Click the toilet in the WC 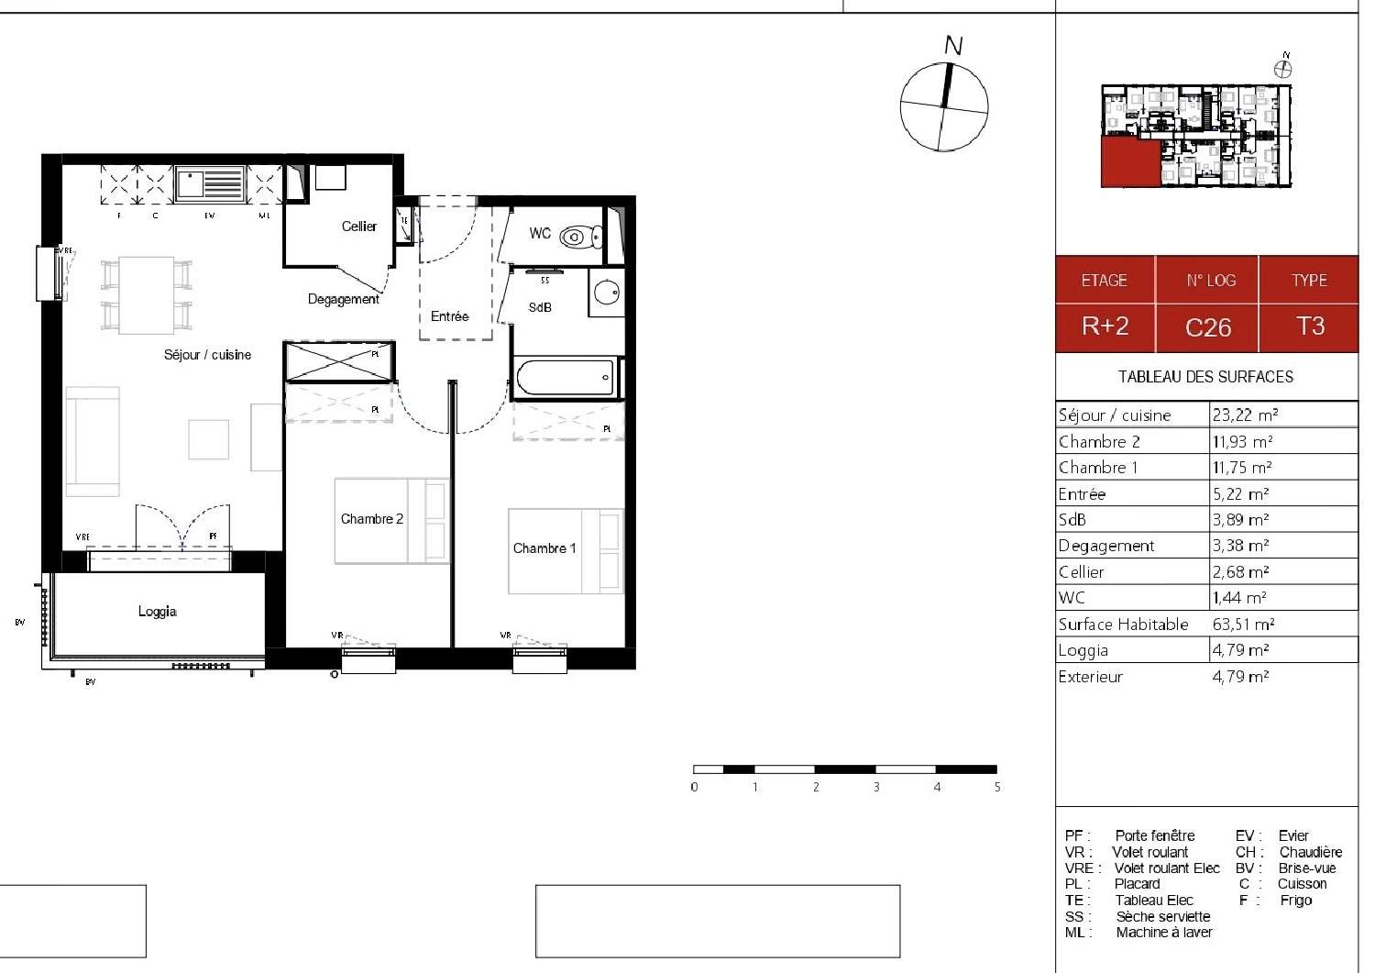pos(576,237)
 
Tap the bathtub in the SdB pos(565,377)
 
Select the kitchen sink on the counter pos(210,183)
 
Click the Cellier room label pos(358,227)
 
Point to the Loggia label pos(158,612)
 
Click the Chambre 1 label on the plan pos(544,548)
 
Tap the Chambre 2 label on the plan pos(371,519)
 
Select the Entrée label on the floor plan pos(449,316)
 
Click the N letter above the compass pos(953,45)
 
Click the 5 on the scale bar pos(996,788)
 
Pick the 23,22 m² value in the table pos(1245,415)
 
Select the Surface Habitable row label pos(1123,625)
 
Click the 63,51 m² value pos(1243,625)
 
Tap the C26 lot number pos(1207,327)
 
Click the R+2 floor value pos(1105,326)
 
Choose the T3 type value pos(1310,326)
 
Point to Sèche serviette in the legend pos(1162,916)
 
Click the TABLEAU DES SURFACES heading pos(1205,377)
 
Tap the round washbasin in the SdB pos(606,293)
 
